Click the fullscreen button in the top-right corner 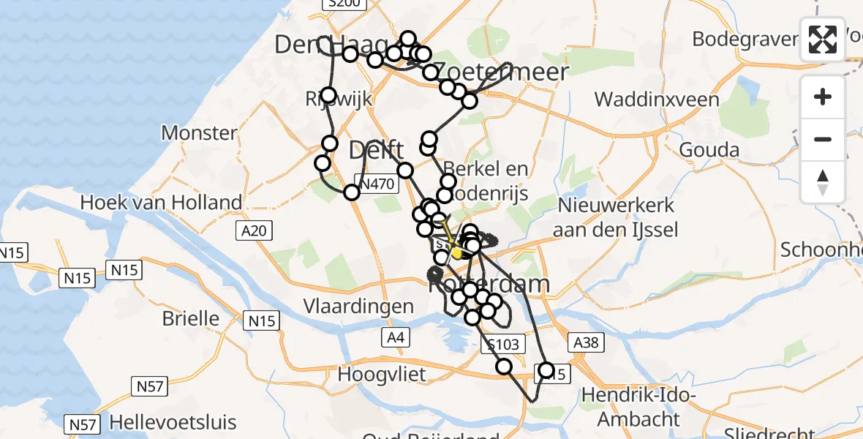pos(823,40)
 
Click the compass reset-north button pos(823,182)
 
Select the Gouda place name pos(709,150)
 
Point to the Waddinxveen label pos(657,99)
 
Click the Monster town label pos(200,133)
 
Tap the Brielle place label pos(190,318)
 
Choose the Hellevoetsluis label pos(173,422)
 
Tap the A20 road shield pos(254,231)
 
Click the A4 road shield pos(394,337)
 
